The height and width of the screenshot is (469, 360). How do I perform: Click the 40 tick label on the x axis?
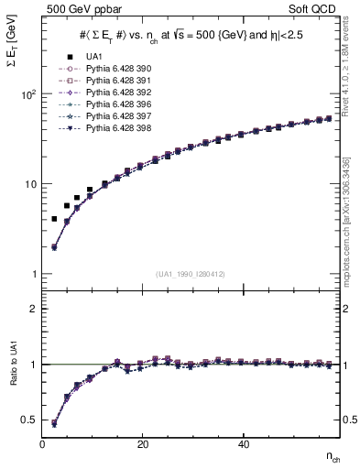coord(243,444)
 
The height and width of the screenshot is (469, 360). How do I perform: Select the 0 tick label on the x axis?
coord(43,444)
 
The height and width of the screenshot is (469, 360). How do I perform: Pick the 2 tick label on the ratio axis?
coord(33,309)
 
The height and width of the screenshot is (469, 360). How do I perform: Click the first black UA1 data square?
coord(54,219)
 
